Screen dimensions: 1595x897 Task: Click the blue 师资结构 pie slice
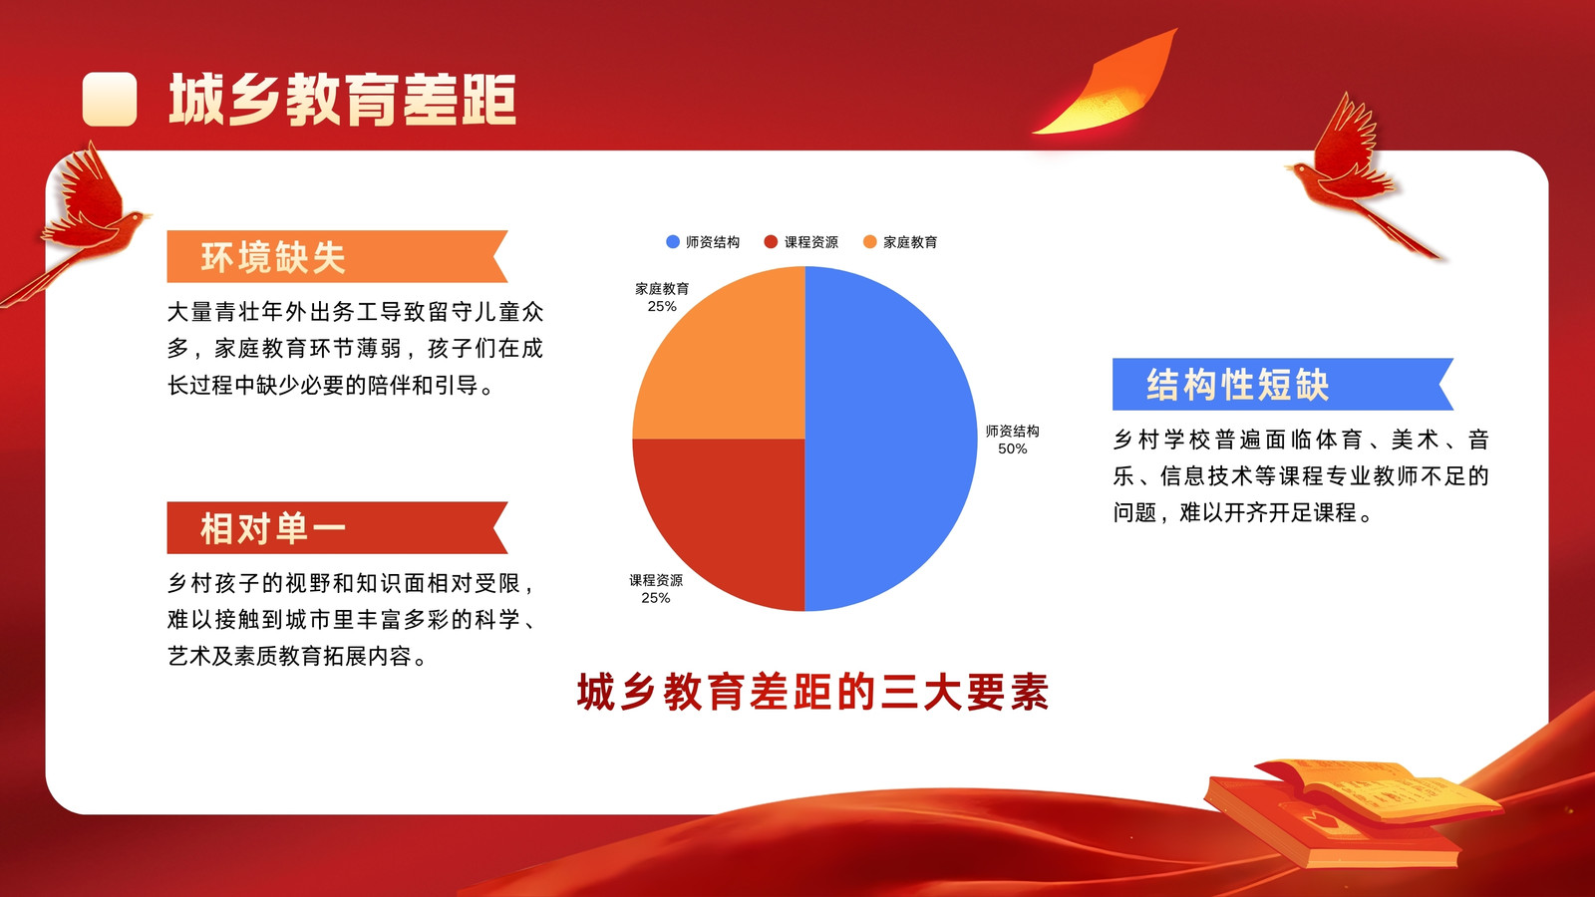point(890,439)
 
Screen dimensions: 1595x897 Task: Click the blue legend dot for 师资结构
point(672,242)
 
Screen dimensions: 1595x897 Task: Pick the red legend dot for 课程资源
point(771,242)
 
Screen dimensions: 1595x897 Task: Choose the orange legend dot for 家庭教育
point(869,242)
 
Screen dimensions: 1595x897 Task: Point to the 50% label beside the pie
point(1012,449)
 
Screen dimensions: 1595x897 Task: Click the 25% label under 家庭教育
point(662,307)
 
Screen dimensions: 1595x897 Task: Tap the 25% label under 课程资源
point(655,598)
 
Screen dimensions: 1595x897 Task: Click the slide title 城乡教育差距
point(342,100)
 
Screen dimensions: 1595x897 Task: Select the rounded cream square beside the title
point(110,99)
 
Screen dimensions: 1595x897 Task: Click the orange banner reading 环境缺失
point(337,256)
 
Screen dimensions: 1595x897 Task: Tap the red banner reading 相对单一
point(337,527)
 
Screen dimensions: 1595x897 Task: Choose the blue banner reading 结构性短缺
point(1282,385)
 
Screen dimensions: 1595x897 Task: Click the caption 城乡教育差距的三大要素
point(812,692)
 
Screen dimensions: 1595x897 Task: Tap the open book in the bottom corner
point(1353,811)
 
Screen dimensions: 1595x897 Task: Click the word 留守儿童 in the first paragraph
point(473,312)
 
